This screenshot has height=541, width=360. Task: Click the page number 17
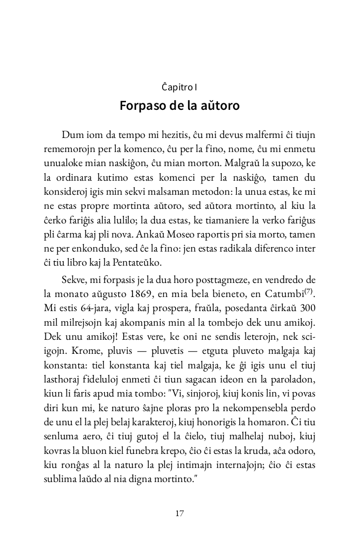point(179,513)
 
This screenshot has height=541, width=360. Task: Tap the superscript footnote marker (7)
point(310,291)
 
